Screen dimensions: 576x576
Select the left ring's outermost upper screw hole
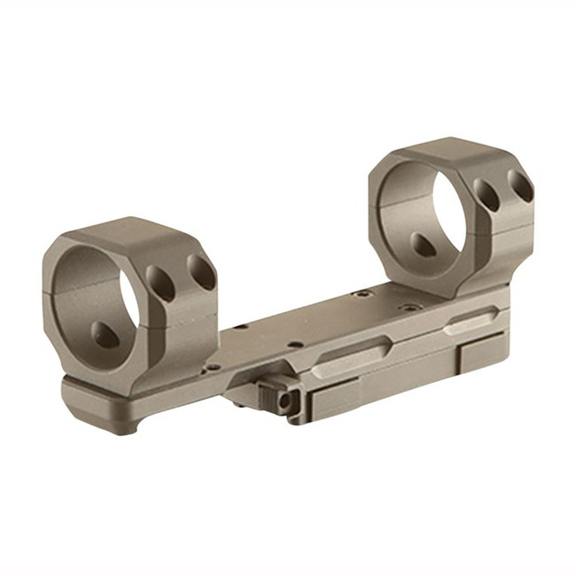click(x=203, y=273)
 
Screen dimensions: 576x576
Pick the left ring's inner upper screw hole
click(x=161, y=284)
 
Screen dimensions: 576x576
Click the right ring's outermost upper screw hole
click(x=520, y=186)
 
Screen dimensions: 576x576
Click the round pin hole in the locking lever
click(x=284, y=401)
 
